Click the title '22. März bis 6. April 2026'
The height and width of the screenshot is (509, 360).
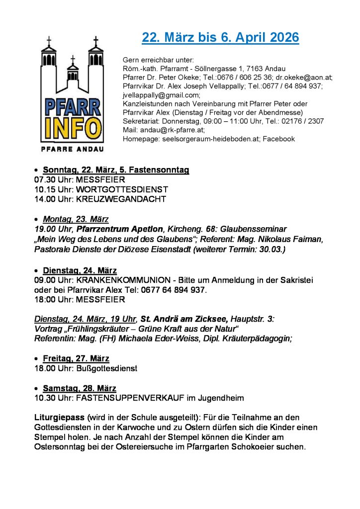220,38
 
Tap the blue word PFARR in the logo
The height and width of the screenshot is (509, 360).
73,107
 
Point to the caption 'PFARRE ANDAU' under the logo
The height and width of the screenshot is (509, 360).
73,149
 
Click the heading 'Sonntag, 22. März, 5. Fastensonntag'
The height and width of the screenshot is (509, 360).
116,170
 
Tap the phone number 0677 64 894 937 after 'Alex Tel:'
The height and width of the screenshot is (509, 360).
174,290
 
